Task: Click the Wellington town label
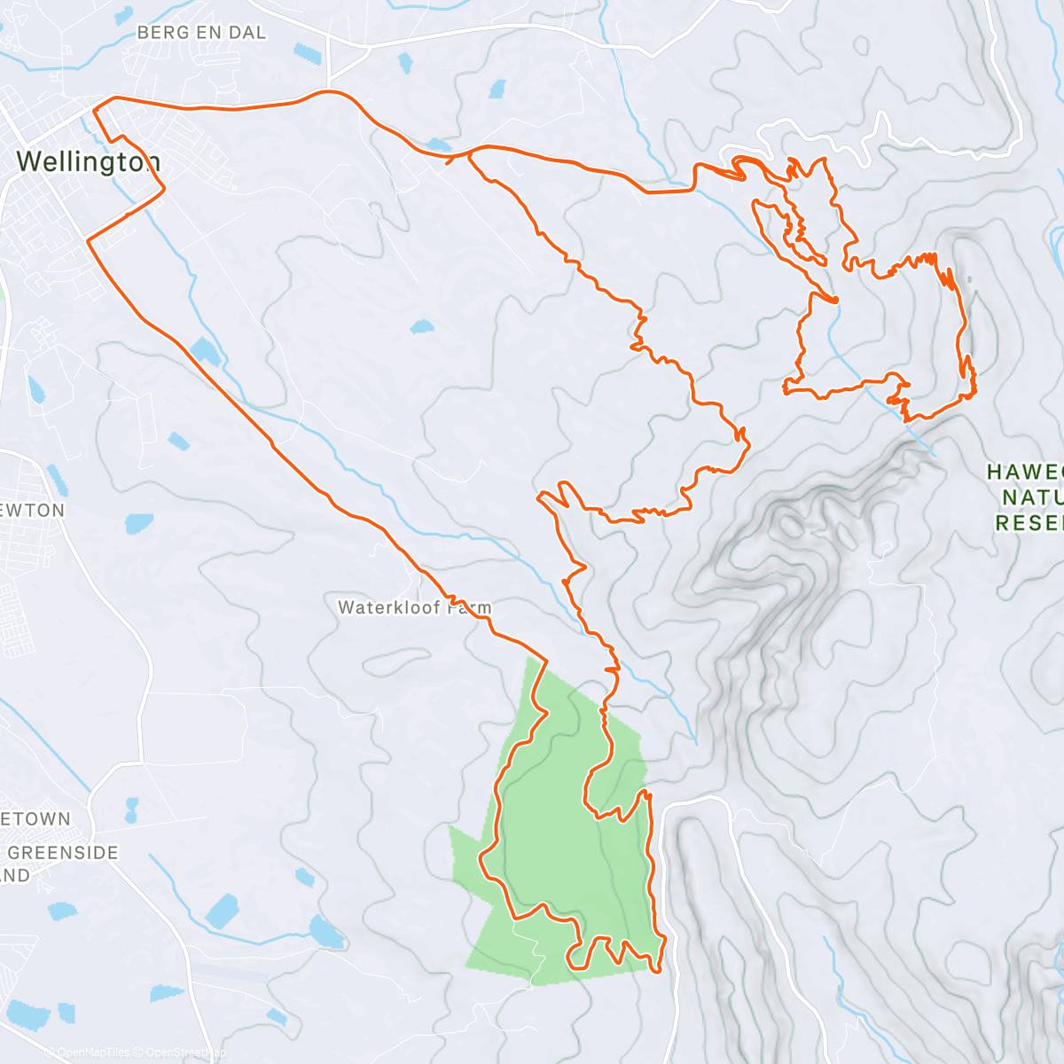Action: click(x=88, y=162)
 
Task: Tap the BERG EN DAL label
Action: click(x=201, y=33)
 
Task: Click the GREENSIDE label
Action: click(x=63, y=853)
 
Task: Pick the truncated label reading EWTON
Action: click(x=33, y=511)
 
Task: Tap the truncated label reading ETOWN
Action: click(x=35, y=819)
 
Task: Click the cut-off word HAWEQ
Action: click(x=1024, y=473)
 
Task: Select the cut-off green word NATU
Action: click(x=1031, y=497)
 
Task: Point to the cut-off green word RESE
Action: click(x=1029, y=523)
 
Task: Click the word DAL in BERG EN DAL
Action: click(x=246, y=33)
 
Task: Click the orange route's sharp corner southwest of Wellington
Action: click(x=89, y=239)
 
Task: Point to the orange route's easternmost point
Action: click(x=975, y=381)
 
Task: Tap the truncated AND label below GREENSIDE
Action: click(x=15, y=876)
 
